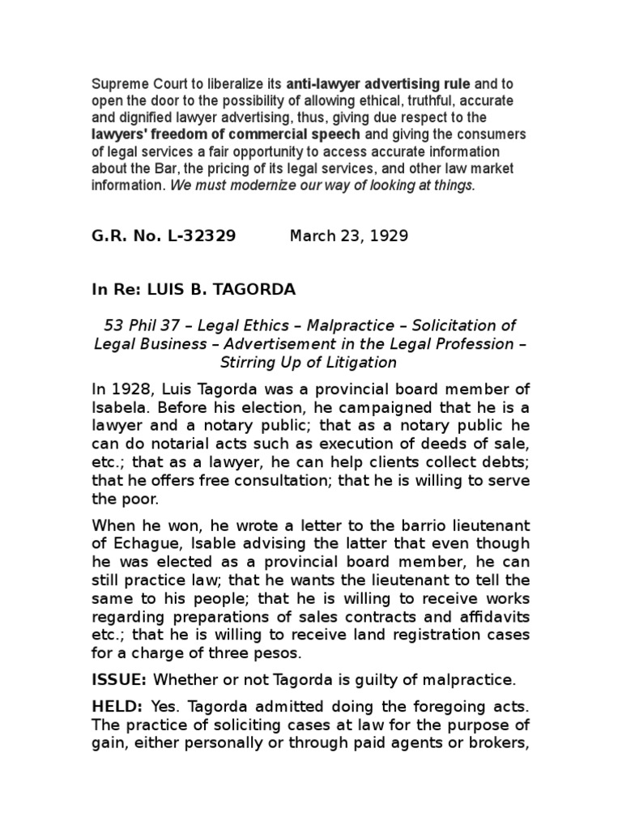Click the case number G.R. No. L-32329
[164, 236]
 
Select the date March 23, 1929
[349, 236]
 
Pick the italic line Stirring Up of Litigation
[310, 361]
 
